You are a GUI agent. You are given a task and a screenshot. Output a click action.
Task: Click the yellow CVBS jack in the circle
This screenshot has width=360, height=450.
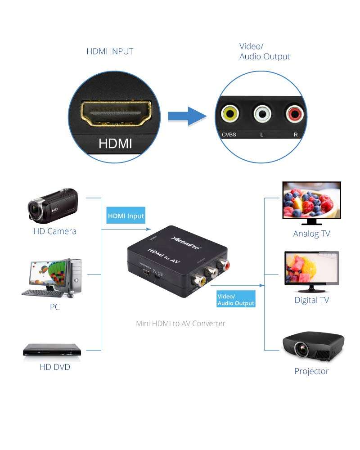point(229,114)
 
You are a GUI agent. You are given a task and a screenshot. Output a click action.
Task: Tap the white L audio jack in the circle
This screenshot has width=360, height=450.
point(261,114)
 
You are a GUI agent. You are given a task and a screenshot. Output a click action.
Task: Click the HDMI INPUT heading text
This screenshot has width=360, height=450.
point(110,51)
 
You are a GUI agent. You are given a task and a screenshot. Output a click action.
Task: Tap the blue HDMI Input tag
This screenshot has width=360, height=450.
point(126,216)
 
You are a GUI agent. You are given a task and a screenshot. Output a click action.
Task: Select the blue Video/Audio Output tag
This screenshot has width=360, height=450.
point(236,300)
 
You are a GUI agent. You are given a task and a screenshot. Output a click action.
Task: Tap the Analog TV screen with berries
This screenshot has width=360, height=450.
point(311,201)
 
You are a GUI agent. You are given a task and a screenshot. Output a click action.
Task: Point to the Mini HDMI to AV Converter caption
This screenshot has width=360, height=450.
point(180,323)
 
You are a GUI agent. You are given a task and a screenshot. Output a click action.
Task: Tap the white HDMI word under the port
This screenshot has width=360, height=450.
point(115,144)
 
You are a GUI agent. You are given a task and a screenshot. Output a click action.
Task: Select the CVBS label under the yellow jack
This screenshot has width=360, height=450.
point(229,135)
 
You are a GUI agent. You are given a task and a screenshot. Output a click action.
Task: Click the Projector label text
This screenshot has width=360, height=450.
point(311,371)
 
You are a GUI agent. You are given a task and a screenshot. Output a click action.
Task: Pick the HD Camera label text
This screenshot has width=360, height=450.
point(55,231)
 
